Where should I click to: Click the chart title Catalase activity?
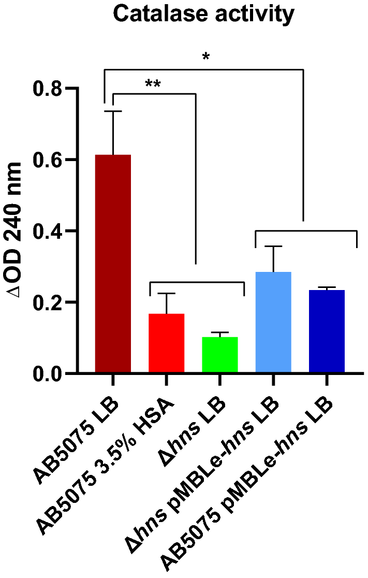(x=203, y=15)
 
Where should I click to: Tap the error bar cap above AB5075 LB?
(x=113, y=111)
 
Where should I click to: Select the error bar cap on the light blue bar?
(x=273, y=247)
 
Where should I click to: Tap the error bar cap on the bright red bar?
(x=166, y=294)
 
